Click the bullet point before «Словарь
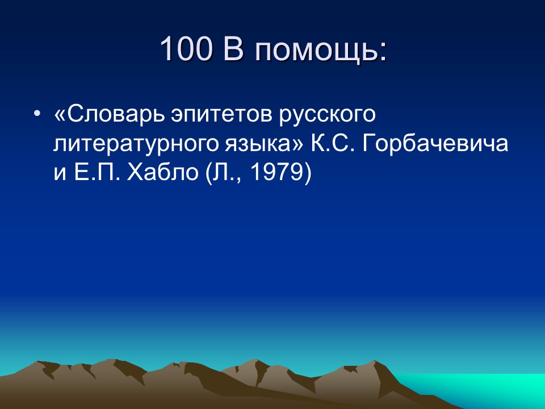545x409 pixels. [37, 114]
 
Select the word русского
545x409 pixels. [328, 115]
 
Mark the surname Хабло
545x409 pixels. [158, 173]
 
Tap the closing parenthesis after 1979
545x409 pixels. [308, 173]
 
